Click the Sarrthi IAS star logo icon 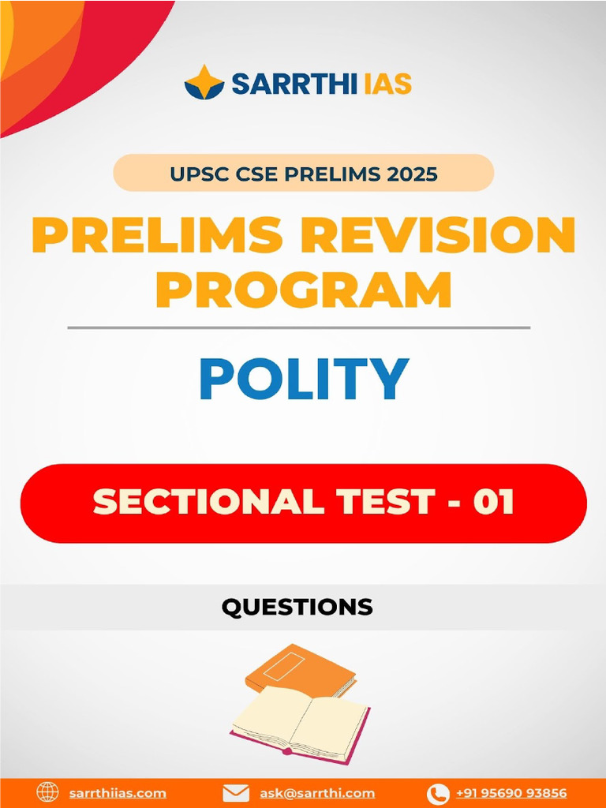pyautogui.click(x=204, y=82)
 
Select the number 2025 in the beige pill pyautogui.click(x=410, y=173)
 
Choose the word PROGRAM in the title pyautogui.click(x=304, y=289)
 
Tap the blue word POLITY pyautogui.click(x=304, y=379)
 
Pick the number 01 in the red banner pyautogui.click(x=493, y=502)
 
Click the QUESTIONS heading pyautogui.click(x=297, y=606)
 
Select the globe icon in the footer pyautogui.click(x=48, y=792)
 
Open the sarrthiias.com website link pyautogui.click(x=117, y=793)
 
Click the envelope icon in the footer pyautogui.click(x=237, y=793)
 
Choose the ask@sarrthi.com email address pyautogui.click(x=317, y=793)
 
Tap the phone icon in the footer pyautogui.click(x=438, y=793)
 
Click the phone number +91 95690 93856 pyautogui.click(x=511, y=793)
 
